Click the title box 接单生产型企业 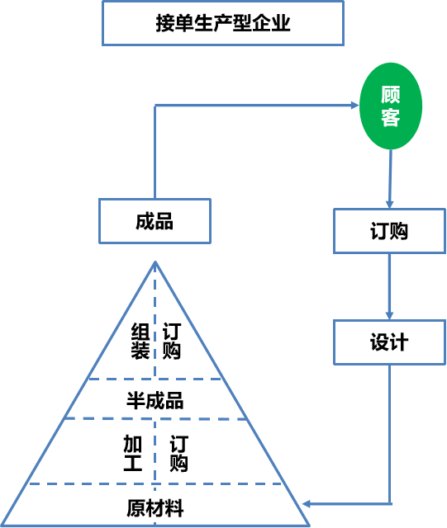pyautogui.click(x=223, y=24)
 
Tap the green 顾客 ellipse pyautogui.click(x=391, y=106)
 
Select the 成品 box pyautogui.click(x=155, y=221)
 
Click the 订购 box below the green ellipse pyautogui.click(x=389, y=230)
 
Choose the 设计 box pyautogui.click(x=389, y=342)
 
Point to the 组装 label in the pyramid pyautogui.click(x=140, y=341)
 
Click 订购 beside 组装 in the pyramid pyautogui.click(x=172, y=341)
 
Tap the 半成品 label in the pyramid pyautogui.click(x=155, y=401)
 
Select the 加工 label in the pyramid pyautogui.click(x=132, y=454)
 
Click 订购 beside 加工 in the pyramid pyautogui.click(x=178, y=454)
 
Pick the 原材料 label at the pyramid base pyautogui.click(x=155, y=507)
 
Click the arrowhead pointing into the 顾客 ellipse pyautogui.click(x=353, y=106)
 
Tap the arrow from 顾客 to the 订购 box pyautogui.click(x=390, y=177)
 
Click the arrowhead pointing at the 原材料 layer pyautogui.click(x=307, y=502)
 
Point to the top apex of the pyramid pyautogui.click(x=155, y=262)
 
